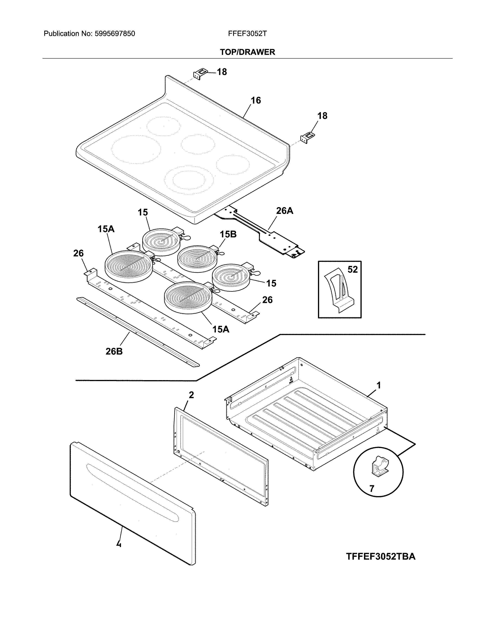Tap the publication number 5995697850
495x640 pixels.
coord(115,34)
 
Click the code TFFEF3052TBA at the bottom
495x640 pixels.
coord(381,556)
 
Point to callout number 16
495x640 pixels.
coord(256,100)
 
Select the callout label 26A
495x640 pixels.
coord(284,210)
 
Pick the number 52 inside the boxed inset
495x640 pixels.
coord(353,269)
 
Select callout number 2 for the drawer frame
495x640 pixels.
coord(191,395)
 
